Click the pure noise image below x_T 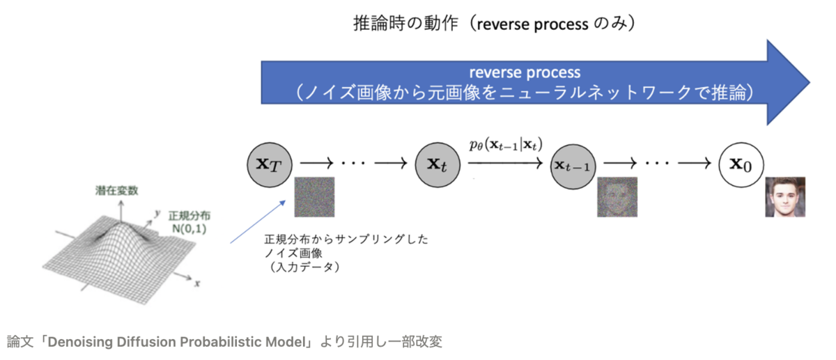(x=314, y=197)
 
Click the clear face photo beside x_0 (x=786, y=197)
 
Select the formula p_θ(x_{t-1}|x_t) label (x=506, y=145)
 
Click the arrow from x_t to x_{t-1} (x=506, y=164)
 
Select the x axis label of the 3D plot (x=197, y=283)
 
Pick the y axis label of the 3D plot (x=159, y=213)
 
